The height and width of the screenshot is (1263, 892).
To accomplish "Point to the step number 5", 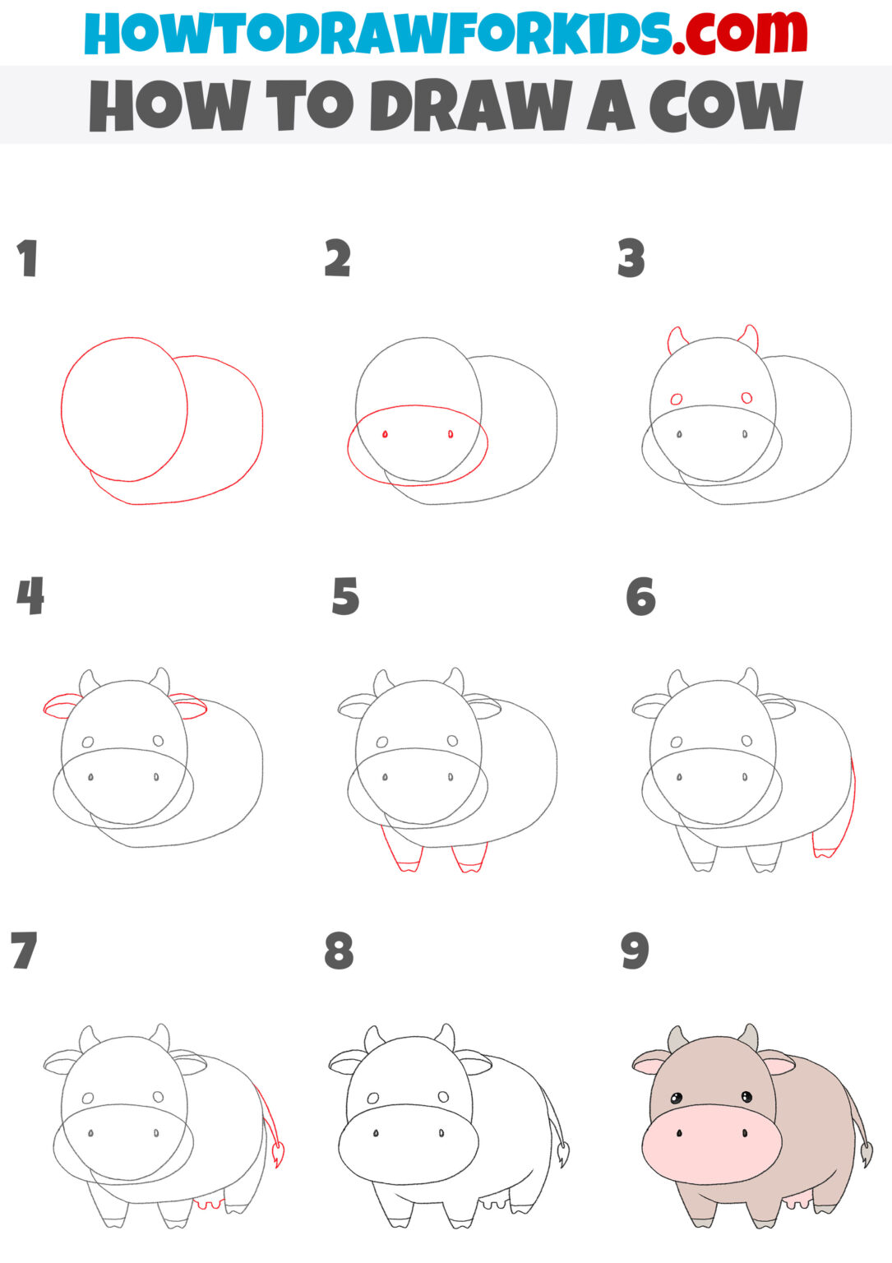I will pos(345,597).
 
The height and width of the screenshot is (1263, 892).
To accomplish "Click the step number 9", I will pos(635,951).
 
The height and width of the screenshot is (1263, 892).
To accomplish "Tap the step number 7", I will pos(24,951).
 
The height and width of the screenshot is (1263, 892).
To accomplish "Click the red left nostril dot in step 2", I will pos(385,434).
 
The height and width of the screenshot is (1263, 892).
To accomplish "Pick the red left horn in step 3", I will pos(677,339).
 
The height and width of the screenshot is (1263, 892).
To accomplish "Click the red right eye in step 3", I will pos(746,398).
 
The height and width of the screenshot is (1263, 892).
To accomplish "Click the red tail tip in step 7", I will pos(276,1153).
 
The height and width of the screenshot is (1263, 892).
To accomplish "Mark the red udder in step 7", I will pos(209,1205).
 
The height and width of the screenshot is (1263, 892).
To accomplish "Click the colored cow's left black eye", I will pos(676,1099).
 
